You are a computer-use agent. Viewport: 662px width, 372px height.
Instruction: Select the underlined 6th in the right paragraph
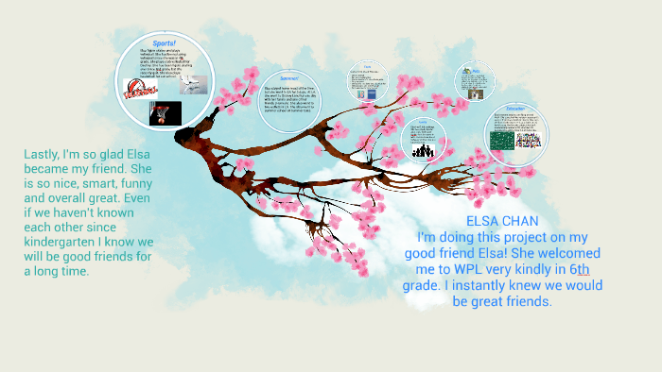pyautogui.click(x=578, y=269)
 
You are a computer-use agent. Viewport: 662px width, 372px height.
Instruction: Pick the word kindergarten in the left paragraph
pyautogui.click(x=66, y=242)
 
